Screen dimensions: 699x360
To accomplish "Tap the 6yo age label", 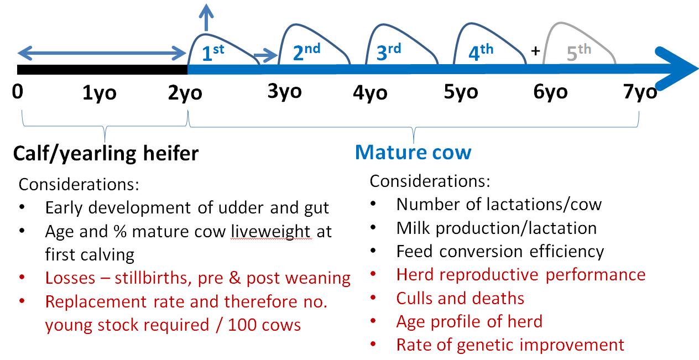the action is pos(550,92).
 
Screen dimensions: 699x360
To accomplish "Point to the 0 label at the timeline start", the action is pos(18,92).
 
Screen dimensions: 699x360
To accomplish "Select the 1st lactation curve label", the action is pos(213,53).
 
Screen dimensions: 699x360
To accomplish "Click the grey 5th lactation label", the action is pos(579,53).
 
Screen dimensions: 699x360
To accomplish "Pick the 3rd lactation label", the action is pos(389,52).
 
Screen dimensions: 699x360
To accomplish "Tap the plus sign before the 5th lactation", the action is pos(535,50).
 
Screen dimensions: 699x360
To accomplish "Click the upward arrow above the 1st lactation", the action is pos(206,18).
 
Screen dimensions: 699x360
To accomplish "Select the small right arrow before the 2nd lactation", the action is pos(266,55).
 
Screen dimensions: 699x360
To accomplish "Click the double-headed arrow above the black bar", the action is pos(102,53).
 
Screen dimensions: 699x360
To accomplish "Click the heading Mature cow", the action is pos(413,152).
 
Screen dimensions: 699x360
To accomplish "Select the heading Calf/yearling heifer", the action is pos(106,154).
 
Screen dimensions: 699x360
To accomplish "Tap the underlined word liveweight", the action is pos(271,232).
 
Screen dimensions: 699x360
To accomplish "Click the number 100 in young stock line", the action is pos(242,325).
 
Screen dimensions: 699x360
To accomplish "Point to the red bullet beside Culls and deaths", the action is pos(373,298).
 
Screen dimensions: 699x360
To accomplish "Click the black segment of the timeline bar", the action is pos(102,70).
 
